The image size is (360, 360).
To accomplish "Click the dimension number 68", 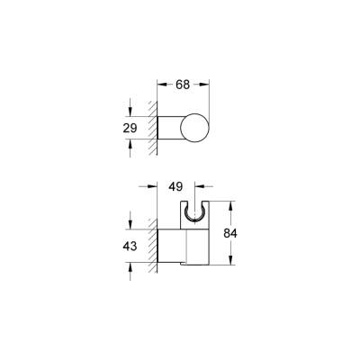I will tap(183, 85).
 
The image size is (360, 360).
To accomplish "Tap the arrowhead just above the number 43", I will tap(133, 226).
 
